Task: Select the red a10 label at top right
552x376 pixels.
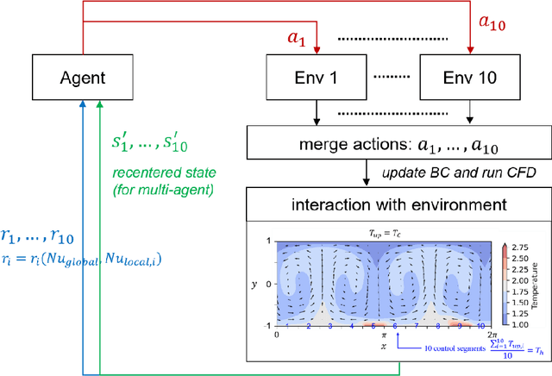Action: [480, 22]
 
